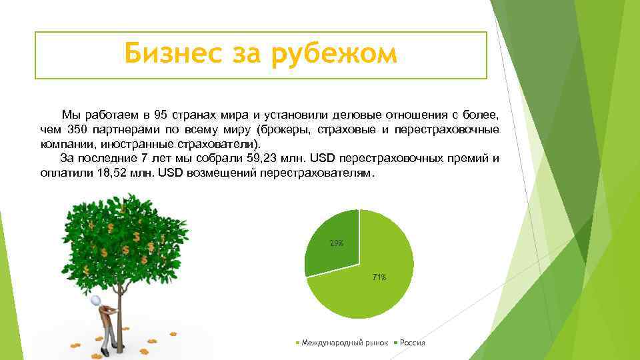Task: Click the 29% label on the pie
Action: point(337,243)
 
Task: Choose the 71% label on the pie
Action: point(379,277)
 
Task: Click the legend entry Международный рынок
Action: point(344,343)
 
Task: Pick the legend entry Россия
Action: point(412,343)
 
